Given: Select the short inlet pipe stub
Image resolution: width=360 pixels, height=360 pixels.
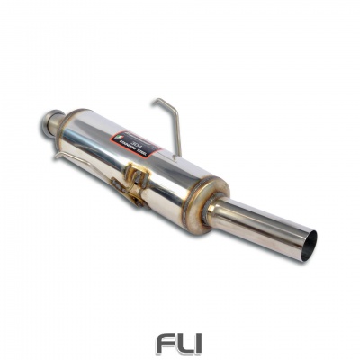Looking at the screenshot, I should tap(53, 125).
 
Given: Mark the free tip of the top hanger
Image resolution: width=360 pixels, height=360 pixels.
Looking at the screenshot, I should tap(154, 101).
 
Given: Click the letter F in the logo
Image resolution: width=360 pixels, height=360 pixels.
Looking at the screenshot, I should tap(164, 343).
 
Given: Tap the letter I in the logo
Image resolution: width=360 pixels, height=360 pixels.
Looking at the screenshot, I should tap(200, 343).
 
